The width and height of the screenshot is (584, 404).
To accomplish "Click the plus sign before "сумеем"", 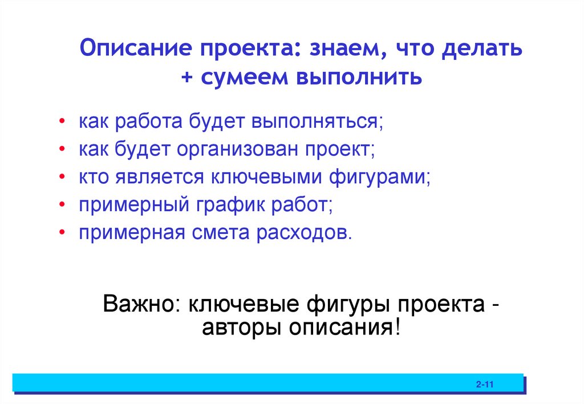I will (x=188, y=77).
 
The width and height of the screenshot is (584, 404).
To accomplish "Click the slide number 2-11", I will (x=484, y=385).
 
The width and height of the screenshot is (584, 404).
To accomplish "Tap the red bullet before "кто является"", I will (x=61, y=177).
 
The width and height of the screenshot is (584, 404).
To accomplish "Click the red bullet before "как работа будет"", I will (x=61, y=122).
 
